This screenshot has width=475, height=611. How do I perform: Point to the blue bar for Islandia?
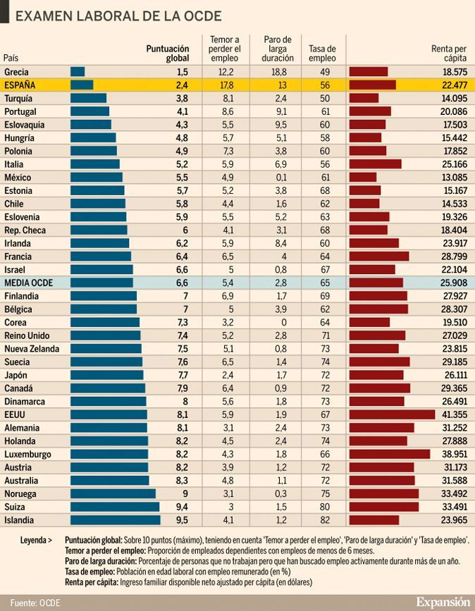pyautogui.click(x=115, y=520)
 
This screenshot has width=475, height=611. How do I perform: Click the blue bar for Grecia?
pyautogui.click(x=78, y=72)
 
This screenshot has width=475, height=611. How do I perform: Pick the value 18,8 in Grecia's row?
pyautogui.click(x=279, y=72)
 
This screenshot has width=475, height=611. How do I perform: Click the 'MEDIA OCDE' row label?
pyautogui.click(x=27, y=282)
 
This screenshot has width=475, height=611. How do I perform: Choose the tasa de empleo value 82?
pyautogui.click(x=325, y=520)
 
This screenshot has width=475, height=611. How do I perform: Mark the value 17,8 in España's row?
pyautogui.click(x=226, y=85)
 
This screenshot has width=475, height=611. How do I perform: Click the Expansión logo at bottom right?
pyautogui.click(x=442, y=601)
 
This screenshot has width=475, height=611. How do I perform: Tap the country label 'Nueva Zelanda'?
pyautogui.click(x=32, y=348)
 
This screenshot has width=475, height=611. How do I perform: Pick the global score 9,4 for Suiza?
pyautogui.click(x=182, y=507)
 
